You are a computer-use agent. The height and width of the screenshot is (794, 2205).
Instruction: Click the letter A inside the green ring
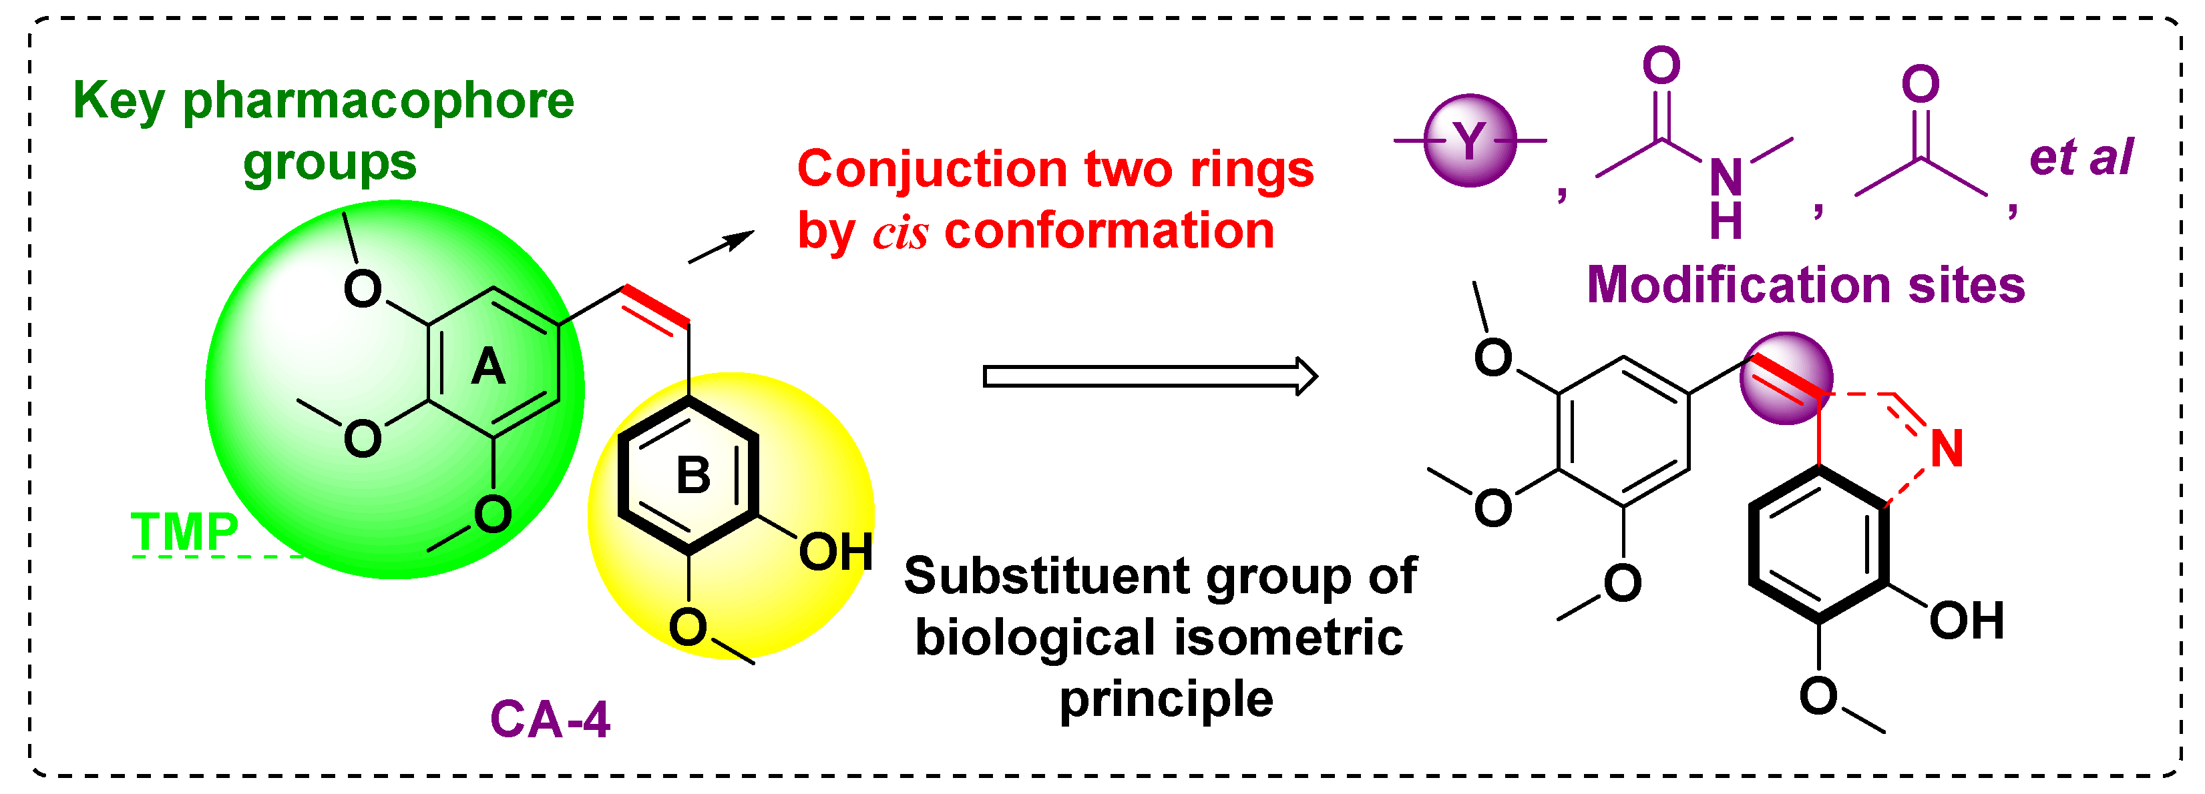pyautogui.click(x=488, y=368)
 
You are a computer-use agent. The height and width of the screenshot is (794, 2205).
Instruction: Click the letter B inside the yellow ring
pyautogui.click(x=693, y=476)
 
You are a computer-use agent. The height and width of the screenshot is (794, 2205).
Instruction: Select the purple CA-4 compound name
pyautogui.click(x=550, y=719)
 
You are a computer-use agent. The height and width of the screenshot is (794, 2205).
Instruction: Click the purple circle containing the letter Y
pyautogui.click(x=1470, y=140)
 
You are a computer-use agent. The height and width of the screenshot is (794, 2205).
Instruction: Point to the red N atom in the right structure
pyautogui.click(x=1947, y=448)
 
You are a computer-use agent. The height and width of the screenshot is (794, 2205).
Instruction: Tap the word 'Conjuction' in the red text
pyautogui.click(x=932, y=169)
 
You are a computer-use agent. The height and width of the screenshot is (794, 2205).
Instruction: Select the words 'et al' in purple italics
pyautogui.click(x=2081, y=157)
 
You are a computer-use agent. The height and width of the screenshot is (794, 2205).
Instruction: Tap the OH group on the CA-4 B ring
pyautogui.click(x=835, y=552)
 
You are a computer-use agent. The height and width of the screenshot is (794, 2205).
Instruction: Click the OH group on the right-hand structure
pyautogui.click(x=1966, y=621)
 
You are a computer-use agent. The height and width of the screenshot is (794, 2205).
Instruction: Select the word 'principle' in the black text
pyautogui.click(x=1166, y=700)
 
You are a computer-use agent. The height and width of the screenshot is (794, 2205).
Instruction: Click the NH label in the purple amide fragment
pyautogui.click(x=1726, y=197)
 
